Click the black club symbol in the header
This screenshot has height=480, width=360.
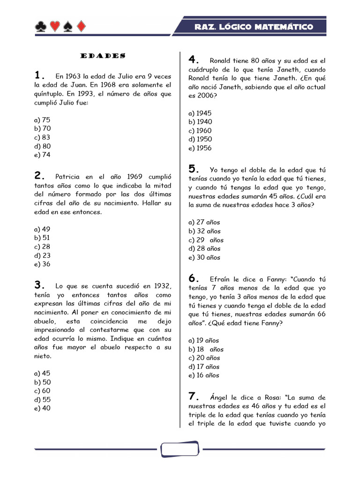point(40,27)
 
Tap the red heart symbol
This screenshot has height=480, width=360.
point(54,27)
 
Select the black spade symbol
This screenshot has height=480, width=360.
point(68,27)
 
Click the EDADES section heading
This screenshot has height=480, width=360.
point(103,56)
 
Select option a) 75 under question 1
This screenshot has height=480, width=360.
point(42,120)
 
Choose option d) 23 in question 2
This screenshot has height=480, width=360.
point(42,255)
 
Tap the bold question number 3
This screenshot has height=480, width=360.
point(39,285)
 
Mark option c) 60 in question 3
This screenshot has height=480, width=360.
point(42,390)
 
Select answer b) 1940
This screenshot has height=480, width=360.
point(200,122)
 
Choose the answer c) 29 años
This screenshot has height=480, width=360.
point(206,240)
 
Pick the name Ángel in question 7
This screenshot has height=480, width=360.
point(219,397)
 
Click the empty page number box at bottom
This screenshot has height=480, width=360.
point(180,449)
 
